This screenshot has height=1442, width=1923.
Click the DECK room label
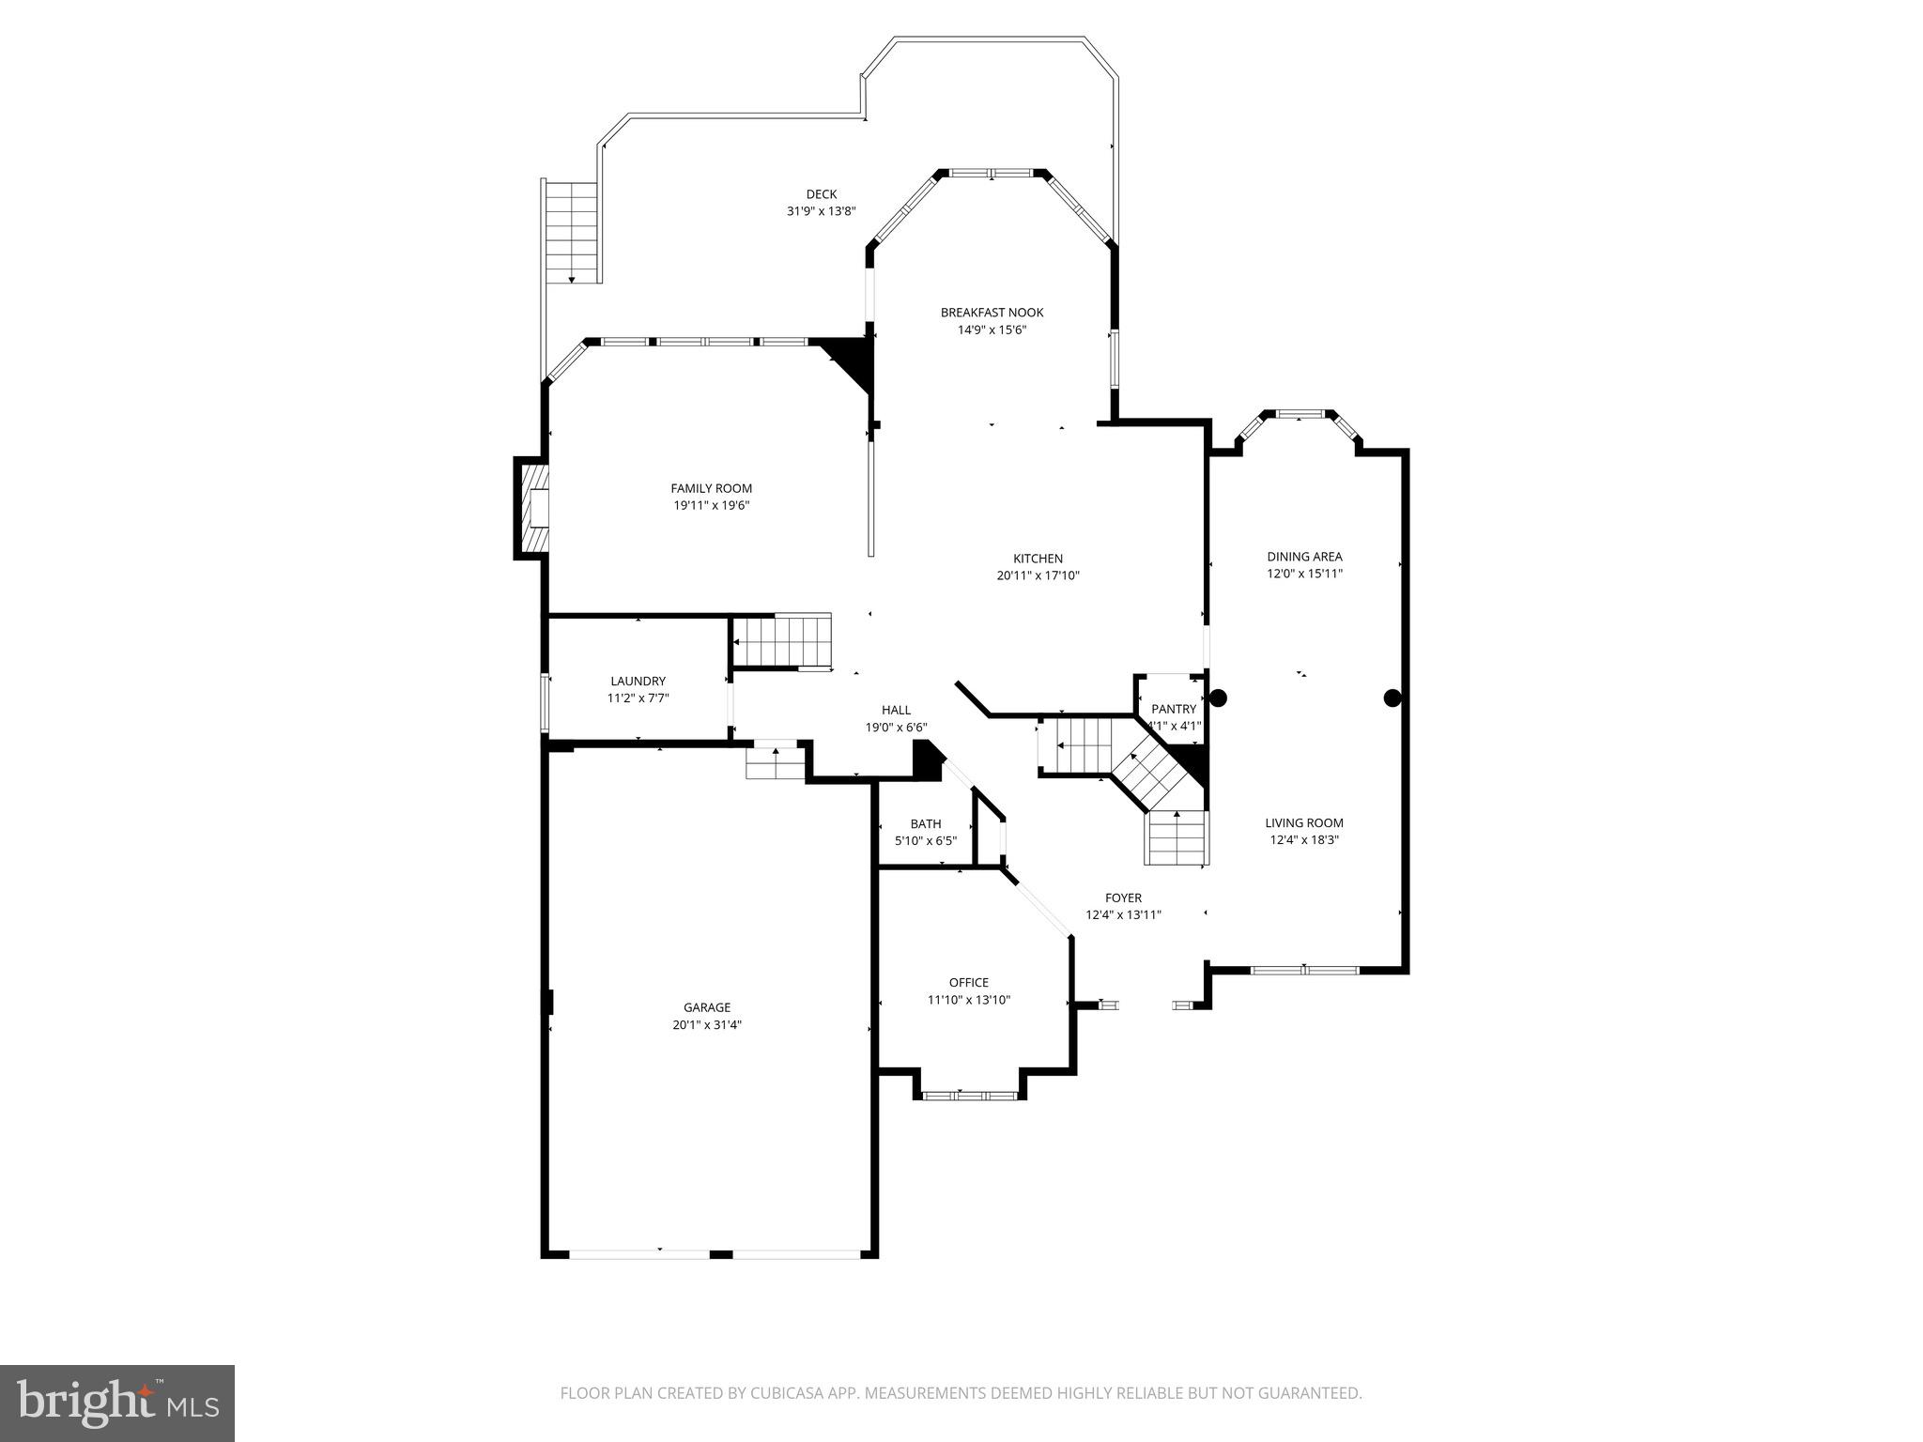coord(821,194)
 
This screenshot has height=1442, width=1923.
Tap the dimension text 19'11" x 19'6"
coord(711,505)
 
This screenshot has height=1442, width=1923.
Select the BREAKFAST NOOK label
coord(992,313)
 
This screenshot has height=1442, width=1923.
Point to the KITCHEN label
coord(1038,559)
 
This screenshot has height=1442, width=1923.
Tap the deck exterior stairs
coord(572,231)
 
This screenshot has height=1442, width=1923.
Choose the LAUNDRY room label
coord(638,681)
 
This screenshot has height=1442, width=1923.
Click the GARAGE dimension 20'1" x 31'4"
coord(706,1025)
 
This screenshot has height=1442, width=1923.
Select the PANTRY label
coord(1174,709)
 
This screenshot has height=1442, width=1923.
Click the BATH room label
coord(925,824)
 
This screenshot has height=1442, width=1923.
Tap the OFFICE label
coord(968,983)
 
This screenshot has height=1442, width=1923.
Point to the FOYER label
coord(1123,897)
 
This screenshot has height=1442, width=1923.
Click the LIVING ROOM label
coord(1303,823)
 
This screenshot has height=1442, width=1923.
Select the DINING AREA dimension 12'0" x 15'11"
coord(1304,574)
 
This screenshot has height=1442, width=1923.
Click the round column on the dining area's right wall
coord(1392,698)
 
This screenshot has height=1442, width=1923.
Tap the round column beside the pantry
coord(1218,698)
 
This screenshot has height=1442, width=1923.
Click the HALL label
coord(896,710)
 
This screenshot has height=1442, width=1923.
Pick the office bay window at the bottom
coord(968,1095)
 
